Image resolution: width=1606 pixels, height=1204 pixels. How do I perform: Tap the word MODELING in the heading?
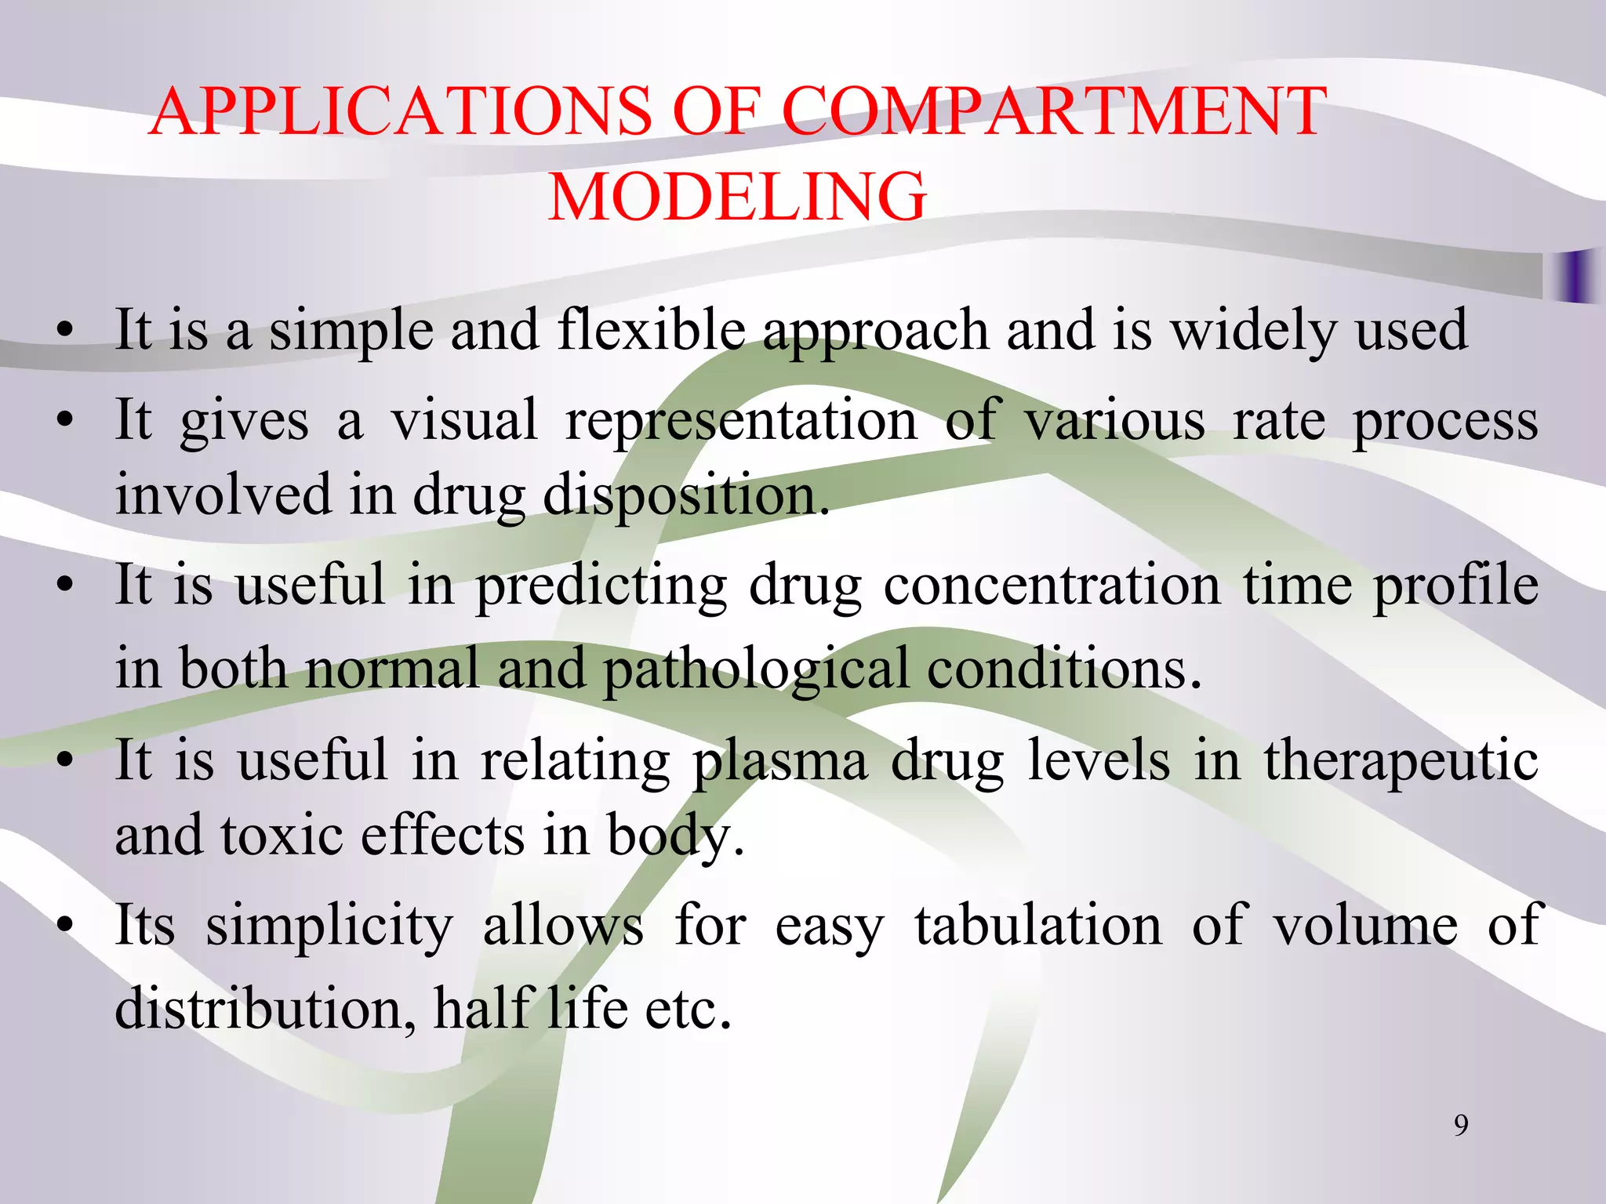737,197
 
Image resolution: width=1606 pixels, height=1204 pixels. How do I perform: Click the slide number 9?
1461,1126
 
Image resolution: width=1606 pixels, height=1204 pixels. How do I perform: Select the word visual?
464,420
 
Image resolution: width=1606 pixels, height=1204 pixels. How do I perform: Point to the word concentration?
1052,586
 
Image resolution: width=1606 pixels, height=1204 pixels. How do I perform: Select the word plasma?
779,763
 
